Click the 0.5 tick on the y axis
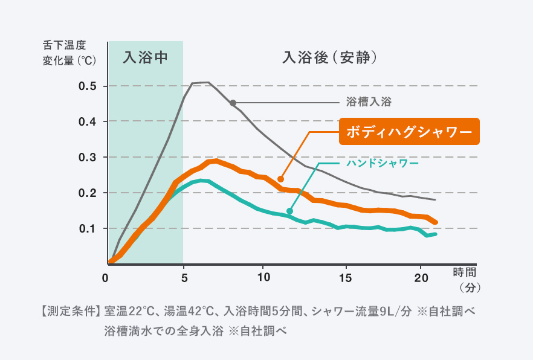pos(88,86)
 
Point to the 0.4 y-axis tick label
pos(88,122)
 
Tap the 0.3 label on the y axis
pos(88,158)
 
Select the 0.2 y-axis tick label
pos(88,193)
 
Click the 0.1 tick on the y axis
pos(88,229)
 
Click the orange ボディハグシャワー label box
pos(409,131)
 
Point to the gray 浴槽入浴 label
pos(369,102)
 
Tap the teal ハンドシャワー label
pos(383,163)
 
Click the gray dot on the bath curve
pos(233,103)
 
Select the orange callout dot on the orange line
pos(280,179)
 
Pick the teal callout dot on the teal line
pos(289,211)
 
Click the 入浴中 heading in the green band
pos(144,58)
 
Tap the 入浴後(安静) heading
pos(330,58)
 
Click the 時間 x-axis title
pos(465,271)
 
